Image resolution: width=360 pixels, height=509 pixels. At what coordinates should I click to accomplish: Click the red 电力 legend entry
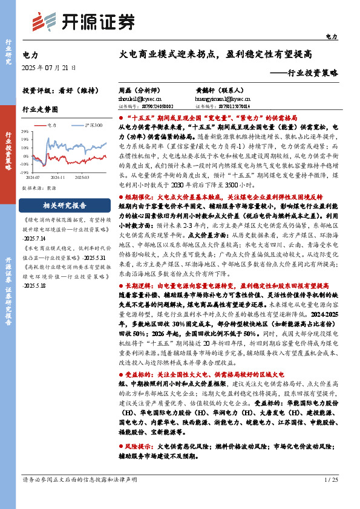pyautogui.click(x=50, y=125)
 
